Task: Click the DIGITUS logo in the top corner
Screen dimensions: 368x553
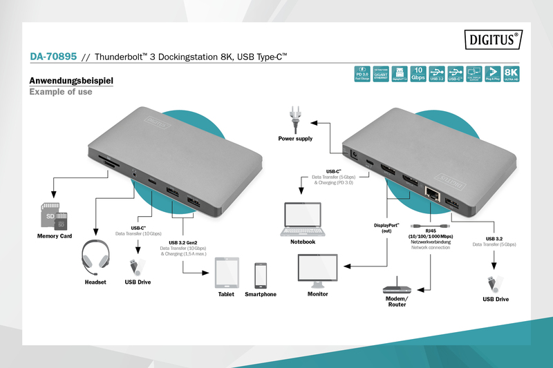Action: click(493, 40)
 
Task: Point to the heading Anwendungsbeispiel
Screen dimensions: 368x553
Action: click(71, 81)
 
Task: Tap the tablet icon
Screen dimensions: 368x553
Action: click(226, 273)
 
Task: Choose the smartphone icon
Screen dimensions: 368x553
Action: click(261, 275)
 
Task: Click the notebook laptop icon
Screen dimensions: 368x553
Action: click(303, 219)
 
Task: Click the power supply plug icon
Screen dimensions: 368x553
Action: click(295, 118)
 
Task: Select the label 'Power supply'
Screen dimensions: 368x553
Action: click(295, 139)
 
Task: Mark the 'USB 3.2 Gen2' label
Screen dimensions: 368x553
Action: click(187, 242)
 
